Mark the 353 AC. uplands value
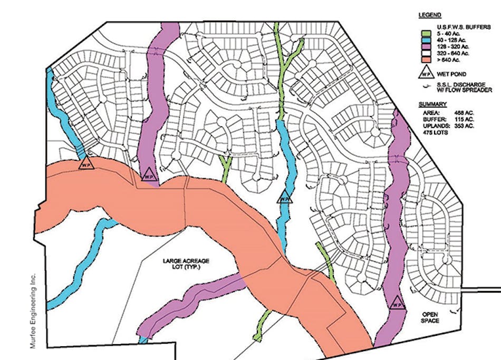(461, 127)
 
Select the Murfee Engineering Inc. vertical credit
(33, 311)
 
